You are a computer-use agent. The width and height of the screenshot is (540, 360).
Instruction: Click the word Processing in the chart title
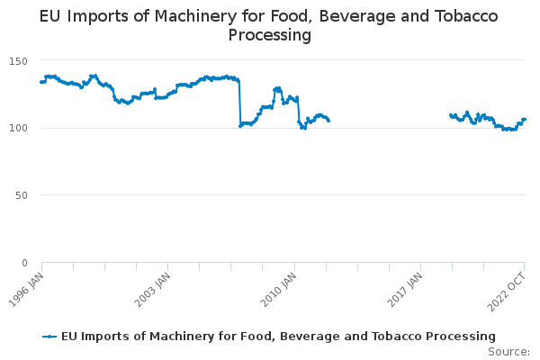tap(270, 35)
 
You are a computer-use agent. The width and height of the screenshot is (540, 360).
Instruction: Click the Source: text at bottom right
tap(509, 351)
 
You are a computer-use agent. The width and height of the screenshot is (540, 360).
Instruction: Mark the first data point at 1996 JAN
tap(41, 82)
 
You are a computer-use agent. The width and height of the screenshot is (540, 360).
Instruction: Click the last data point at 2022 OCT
tap(525, 120)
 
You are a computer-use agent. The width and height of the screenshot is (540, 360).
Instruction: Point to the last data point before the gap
tap(328, 121)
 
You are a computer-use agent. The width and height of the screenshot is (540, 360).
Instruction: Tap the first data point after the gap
tap(451, 115)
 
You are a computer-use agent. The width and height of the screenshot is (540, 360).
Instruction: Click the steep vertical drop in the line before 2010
tap(239, 103)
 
